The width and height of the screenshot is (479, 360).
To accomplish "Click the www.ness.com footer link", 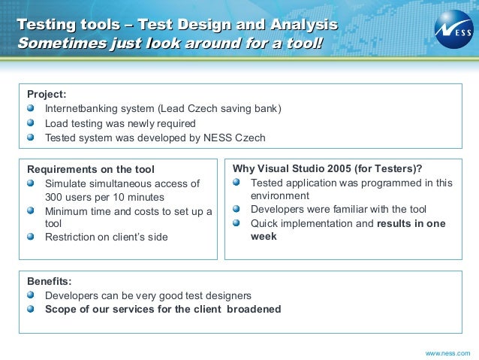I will (447, 352).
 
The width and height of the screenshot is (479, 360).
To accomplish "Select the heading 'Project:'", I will (47, 94).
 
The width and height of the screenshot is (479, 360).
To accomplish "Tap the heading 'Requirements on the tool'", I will (90, 169).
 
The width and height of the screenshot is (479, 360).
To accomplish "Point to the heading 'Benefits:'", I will (49, 281).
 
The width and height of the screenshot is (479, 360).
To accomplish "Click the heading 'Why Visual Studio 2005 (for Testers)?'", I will (327, 168).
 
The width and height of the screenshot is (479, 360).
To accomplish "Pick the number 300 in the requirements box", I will (55, 197).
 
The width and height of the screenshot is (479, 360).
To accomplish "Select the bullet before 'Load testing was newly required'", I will (31, 123).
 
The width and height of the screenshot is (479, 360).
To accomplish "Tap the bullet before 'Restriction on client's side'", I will (31, 237).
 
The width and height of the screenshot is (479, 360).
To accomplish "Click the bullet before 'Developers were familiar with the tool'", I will (236, 209).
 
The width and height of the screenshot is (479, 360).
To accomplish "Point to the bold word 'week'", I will (264, 236).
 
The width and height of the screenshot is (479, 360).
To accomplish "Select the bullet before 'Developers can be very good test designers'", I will (31, 295).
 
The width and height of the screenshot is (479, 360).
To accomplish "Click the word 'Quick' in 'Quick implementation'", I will (265, 223).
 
